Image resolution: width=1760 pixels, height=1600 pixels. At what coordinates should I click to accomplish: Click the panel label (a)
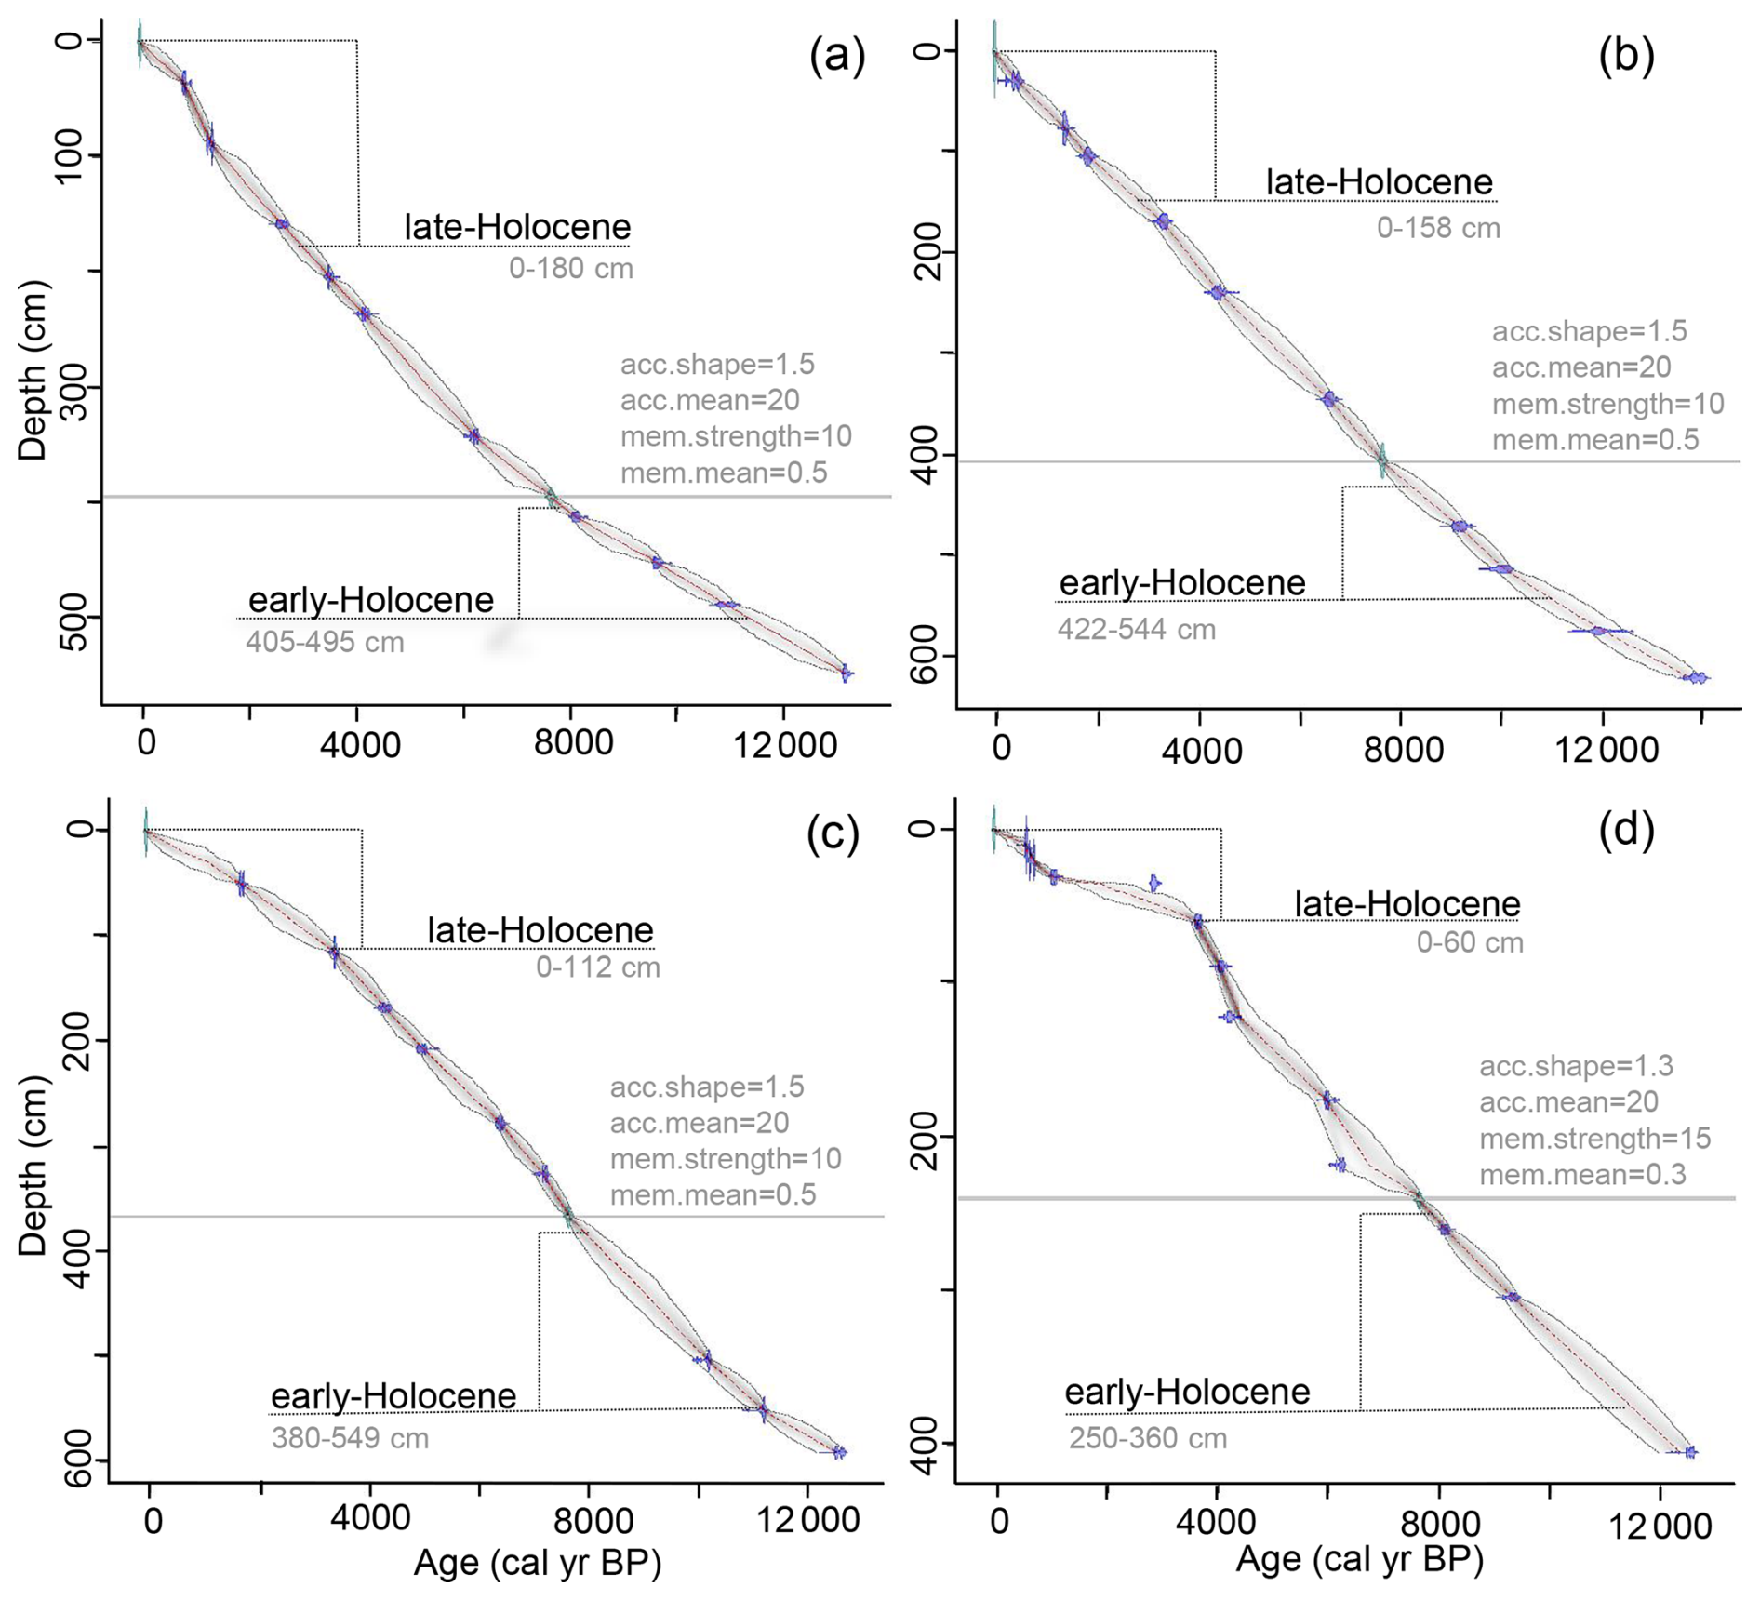(837, 57)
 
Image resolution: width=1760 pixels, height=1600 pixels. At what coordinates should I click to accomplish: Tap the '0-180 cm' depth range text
(570, 269)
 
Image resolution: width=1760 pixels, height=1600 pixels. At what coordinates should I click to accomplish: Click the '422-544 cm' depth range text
(1136, 630)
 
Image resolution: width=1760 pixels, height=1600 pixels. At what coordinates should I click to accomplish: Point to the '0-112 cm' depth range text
(597, 967)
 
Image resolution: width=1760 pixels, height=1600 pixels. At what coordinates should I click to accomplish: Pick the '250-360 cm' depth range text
(1147, 1438)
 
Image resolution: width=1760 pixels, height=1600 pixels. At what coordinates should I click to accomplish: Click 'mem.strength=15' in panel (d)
(1594, 1139)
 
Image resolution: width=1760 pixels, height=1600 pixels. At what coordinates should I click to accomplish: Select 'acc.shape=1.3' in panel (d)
(1576, 1066)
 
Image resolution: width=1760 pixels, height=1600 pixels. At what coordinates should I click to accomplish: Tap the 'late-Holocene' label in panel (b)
(1379, 182)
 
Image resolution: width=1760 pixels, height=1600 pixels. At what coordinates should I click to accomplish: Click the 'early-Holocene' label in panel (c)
(393, 1396)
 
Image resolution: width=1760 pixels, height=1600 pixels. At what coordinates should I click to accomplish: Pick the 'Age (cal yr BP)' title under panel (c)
(537, 1564)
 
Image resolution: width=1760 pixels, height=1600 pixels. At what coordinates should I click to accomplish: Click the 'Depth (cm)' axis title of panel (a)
(34, 370)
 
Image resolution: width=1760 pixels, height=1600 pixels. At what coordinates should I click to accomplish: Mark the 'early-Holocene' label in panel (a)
(370, 600)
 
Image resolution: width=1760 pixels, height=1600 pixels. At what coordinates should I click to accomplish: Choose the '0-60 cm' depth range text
(1470, 942)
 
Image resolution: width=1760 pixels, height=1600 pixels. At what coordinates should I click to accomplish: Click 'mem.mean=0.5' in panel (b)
(1595, 440)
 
